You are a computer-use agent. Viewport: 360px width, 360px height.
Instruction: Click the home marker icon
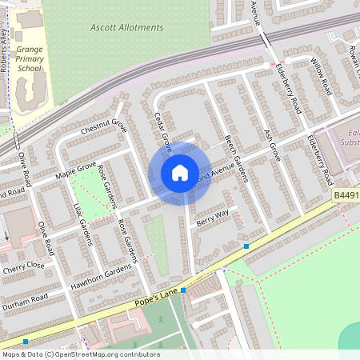pos(179,173)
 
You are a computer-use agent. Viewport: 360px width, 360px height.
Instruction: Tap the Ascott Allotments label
pos(127,28)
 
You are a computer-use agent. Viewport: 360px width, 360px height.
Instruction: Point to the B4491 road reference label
pos(346,194)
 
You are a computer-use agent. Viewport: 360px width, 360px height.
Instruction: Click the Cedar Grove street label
pos(162,131)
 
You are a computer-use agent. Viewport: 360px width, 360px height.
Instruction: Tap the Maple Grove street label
pos(75,169)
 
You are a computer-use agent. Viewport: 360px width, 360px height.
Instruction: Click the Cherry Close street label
pos(24,265)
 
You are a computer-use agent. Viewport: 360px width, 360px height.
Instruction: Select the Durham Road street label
pos(25,302)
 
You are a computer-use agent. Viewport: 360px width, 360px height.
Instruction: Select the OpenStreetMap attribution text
pos(80,354)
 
